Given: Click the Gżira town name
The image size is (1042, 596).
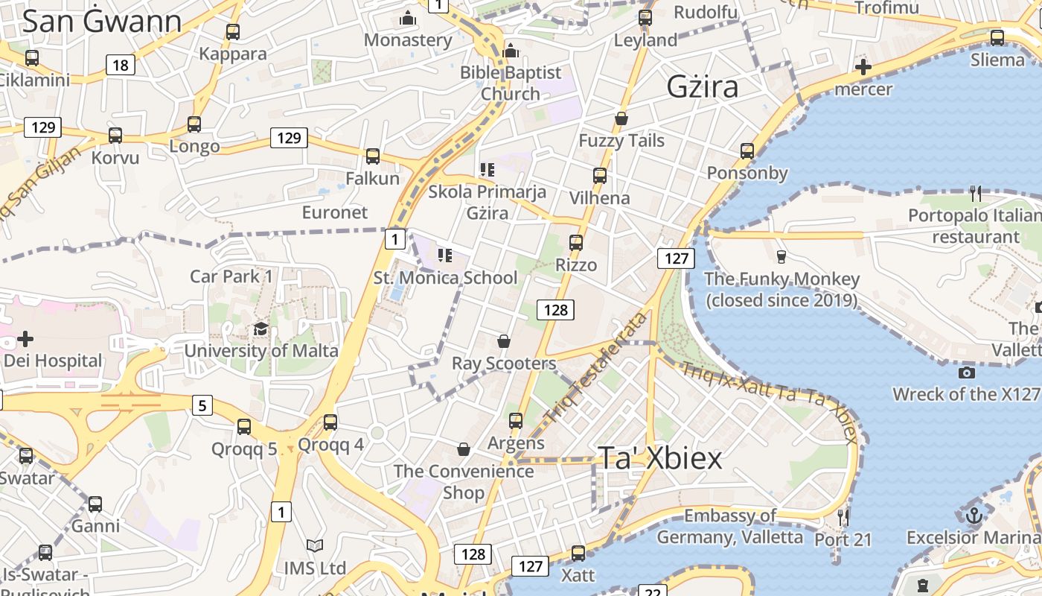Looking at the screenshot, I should click(x=703, y=87).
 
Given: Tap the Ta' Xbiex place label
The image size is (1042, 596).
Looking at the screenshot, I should click(x=659, y=458).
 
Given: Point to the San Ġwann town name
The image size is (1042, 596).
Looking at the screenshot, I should click(x=102, y=22).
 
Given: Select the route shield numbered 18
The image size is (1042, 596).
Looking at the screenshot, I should click(x=121, y=66).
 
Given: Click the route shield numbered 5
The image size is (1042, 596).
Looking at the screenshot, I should click(x=202, y=405).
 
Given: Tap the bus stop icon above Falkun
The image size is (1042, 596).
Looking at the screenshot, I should click(x=373, y=156).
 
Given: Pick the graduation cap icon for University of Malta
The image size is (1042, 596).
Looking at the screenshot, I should click(x=260, y=329).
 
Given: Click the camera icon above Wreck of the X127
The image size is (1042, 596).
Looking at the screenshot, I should click(x=967, y=372).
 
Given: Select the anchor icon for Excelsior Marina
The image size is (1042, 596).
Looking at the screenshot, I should click(x=974, y=516).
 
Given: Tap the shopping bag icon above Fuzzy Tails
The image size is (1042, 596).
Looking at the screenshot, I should click(x=621, y=119).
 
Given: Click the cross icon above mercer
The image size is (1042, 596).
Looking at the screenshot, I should click(x=863, y=68).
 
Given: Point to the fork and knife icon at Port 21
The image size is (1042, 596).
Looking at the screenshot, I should click(x=843, y=517).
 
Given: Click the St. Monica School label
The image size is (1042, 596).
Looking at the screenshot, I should click(x=445, y=278).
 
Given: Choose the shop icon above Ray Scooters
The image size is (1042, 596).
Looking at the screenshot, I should click(x=504, y=341).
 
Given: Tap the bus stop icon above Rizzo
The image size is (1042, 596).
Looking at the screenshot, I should click(x=576, y=243).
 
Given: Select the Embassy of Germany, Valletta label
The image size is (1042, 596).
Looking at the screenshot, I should click(x=729, y=526).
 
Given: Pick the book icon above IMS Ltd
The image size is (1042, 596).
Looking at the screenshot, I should click(x=315, y=546).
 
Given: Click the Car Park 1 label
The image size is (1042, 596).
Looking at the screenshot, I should click(x=231, y=276).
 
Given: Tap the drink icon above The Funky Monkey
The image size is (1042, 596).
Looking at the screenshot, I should click(x=781, y=257).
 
